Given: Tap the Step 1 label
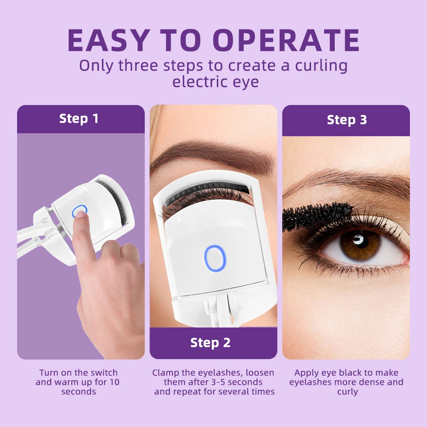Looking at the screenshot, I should click(x=79, y=119).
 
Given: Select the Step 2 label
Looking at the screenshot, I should click(x=210, y=342).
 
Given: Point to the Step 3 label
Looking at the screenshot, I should click(x=347, y=120).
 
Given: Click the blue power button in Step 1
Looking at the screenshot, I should click(x=79, y=211).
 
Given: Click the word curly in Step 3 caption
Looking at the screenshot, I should click(x=347, y=392).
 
